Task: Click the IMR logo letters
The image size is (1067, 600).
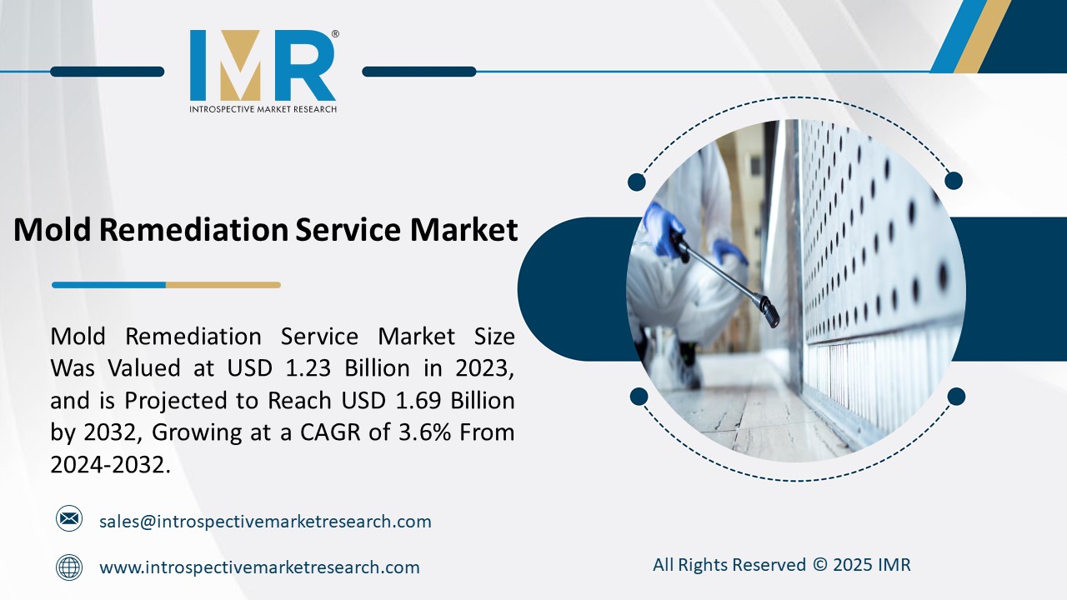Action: [x=263, y=66]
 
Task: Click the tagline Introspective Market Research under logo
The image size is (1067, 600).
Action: [x=263, y=109]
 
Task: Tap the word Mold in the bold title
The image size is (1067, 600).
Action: [x=53, y=229]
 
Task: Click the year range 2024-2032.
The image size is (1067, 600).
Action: [x=109, y=465]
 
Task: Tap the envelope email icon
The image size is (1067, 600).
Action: [x=69, y=519]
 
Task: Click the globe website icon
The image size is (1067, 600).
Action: [x=69, y=567]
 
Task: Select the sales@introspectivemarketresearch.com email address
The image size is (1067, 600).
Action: [x=265, y=522]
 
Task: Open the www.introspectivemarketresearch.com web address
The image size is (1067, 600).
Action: [x=259, y=567]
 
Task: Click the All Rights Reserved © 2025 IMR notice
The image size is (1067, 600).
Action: [x=781, y=565]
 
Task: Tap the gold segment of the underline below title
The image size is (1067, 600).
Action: [x=223, y=285]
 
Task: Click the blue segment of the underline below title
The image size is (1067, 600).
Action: [x=108, y=285]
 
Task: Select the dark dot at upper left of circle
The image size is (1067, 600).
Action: [x=637, y=182]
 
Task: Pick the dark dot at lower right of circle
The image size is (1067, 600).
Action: [x=956, y=396]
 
